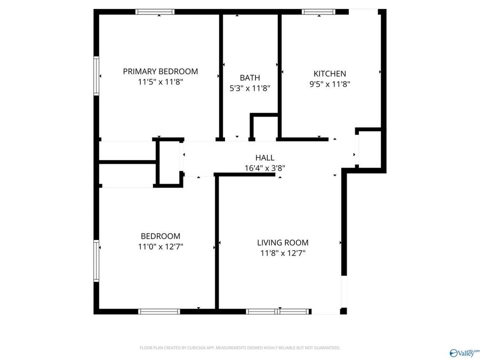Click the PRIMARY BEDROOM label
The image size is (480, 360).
point(160,71)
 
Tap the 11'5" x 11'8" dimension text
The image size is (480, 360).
point(160,83)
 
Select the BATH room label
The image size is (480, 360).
point(250,78)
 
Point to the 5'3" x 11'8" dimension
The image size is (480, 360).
point(250,89)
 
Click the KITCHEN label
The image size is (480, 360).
point(330,74)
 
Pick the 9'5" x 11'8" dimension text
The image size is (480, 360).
point(330,84)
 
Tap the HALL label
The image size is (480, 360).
point(265,157)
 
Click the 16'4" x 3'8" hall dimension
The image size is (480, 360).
point(265,167)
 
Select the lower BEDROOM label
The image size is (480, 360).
point(160,236)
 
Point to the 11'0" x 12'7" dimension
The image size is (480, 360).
point(160,246)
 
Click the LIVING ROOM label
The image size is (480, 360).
point(283,243)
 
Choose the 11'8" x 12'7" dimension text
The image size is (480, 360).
point(283,253)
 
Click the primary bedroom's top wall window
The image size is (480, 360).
point(155,12)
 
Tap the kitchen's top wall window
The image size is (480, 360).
point(318,12)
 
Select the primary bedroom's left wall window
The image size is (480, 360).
point(97,76)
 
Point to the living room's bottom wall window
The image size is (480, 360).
point(277,311)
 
